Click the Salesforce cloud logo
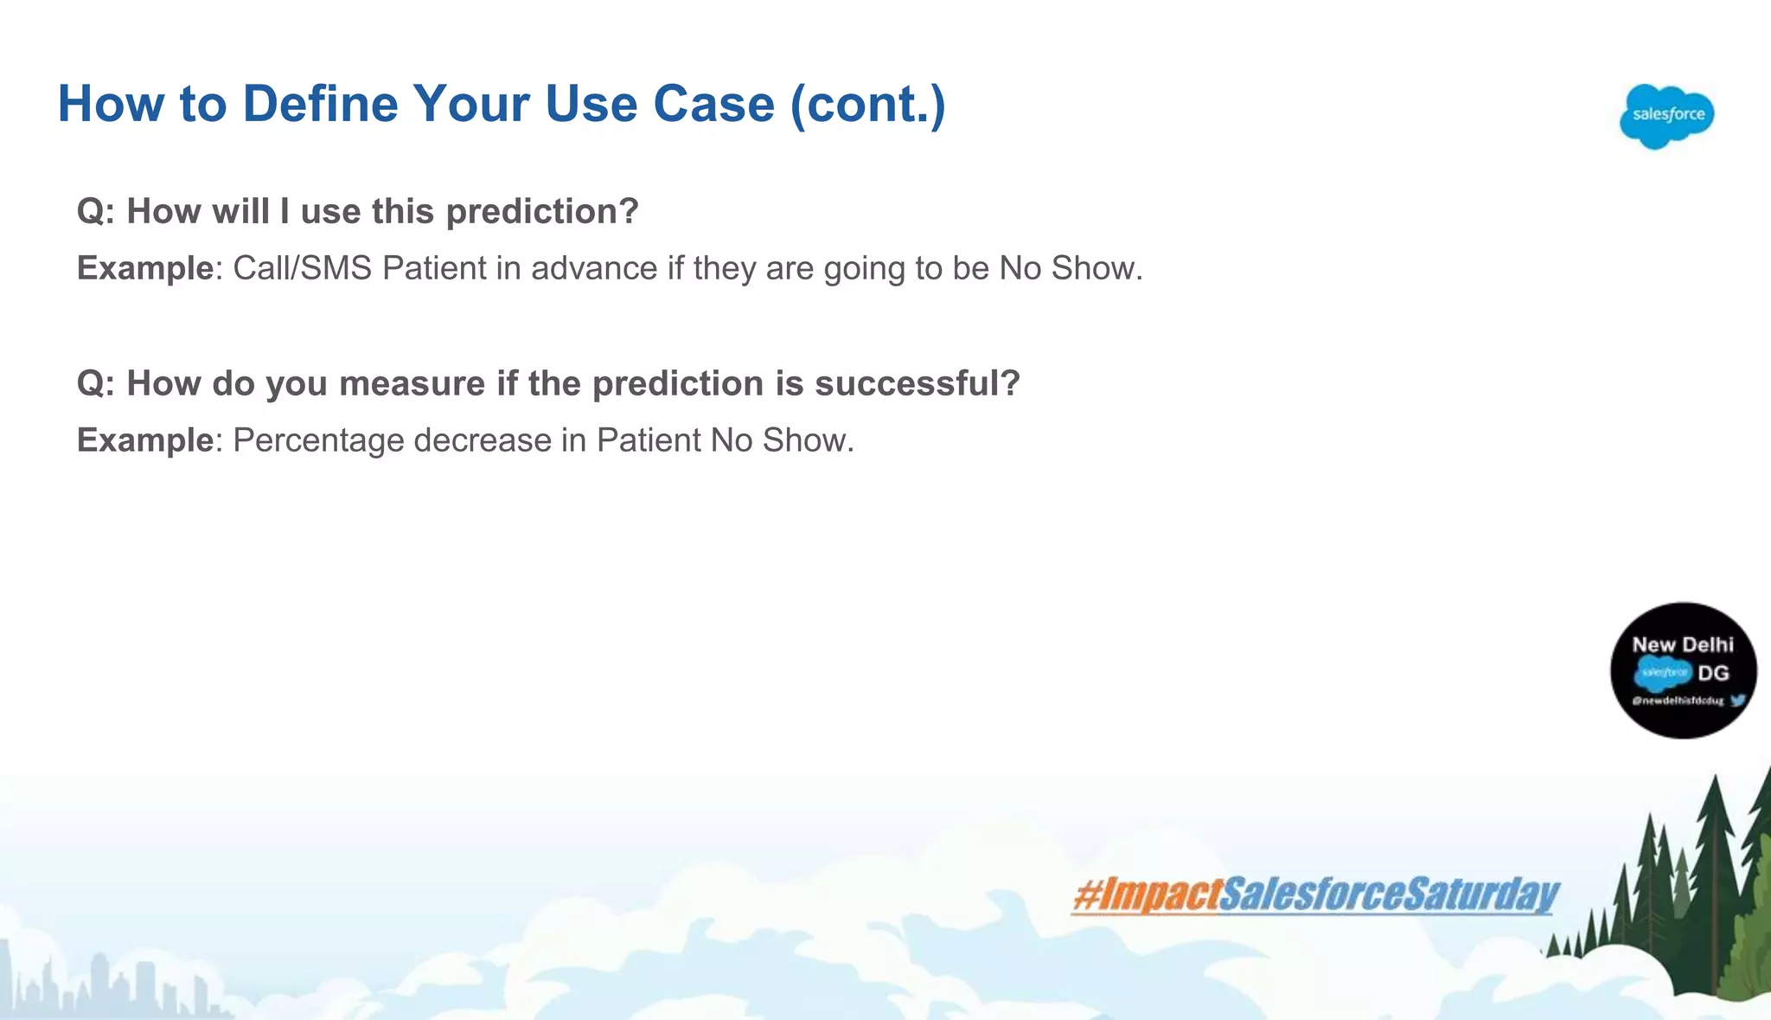1666,116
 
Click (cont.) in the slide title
867,105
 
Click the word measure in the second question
412,384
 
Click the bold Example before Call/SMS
145,268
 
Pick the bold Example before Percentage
145,440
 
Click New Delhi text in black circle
1682,645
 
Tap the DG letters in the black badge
1713,673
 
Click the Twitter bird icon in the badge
1737,701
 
